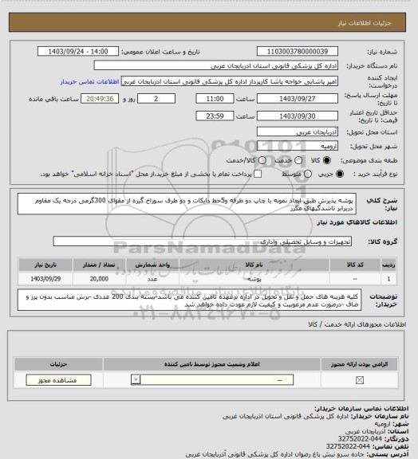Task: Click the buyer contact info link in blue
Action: click(89, 81)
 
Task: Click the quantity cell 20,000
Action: click(100, 278)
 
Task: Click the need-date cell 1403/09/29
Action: click(46, 278)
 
